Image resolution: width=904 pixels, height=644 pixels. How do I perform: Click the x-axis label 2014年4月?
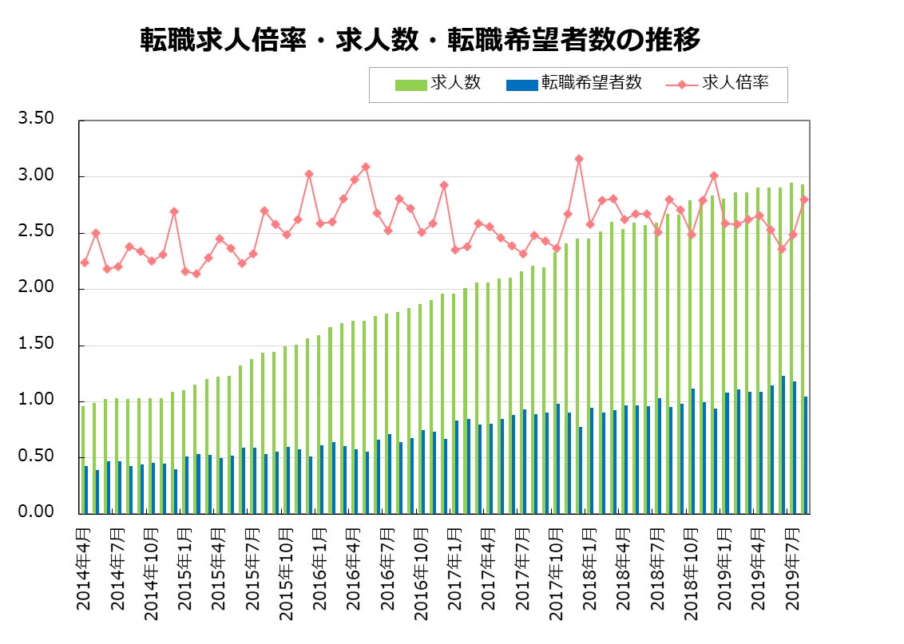click(84, 568)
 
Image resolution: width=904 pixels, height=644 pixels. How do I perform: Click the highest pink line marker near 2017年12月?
click(579, 159)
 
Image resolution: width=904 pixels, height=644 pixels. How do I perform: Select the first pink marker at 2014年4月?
click(85, 263)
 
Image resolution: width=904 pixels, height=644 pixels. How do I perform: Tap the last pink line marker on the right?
click(804, 200)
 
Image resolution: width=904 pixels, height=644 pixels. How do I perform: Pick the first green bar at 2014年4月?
click(82, 459)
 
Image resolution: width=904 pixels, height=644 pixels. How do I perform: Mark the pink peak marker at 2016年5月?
click(366, 167)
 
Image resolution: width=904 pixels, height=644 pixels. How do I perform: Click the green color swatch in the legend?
click(410, 84)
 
